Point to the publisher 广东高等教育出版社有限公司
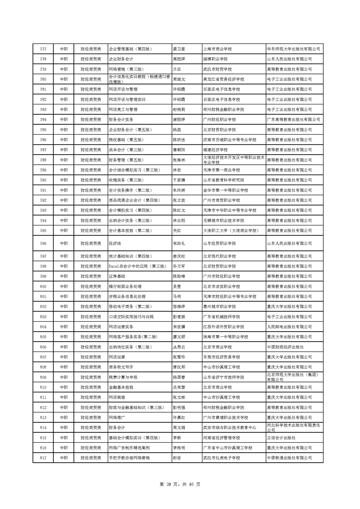[293, 120]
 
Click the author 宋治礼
[179, 244]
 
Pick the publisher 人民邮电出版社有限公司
[289, 327]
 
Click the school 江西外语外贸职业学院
[223, 327]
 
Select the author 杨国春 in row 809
[179, 377]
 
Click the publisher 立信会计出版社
[281, 438]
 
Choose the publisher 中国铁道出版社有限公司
[289, 458]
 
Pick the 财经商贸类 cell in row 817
[91, 458]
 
